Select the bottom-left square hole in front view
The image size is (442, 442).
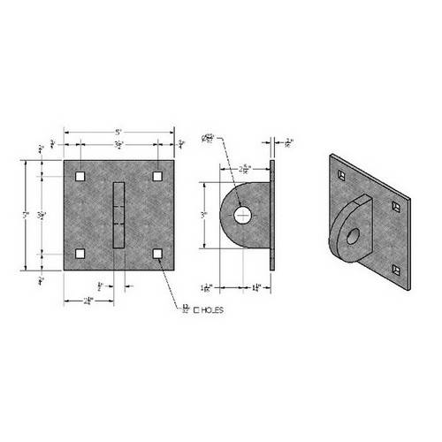(80, 255)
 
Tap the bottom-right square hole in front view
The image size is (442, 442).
(158, 255)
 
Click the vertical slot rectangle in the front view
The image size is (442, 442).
(118, 214)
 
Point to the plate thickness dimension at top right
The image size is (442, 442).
(291, 141)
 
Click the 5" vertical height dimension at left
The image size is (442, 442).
(29, 214)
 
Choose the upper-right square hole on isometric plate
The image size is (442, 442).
(397, 207)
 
